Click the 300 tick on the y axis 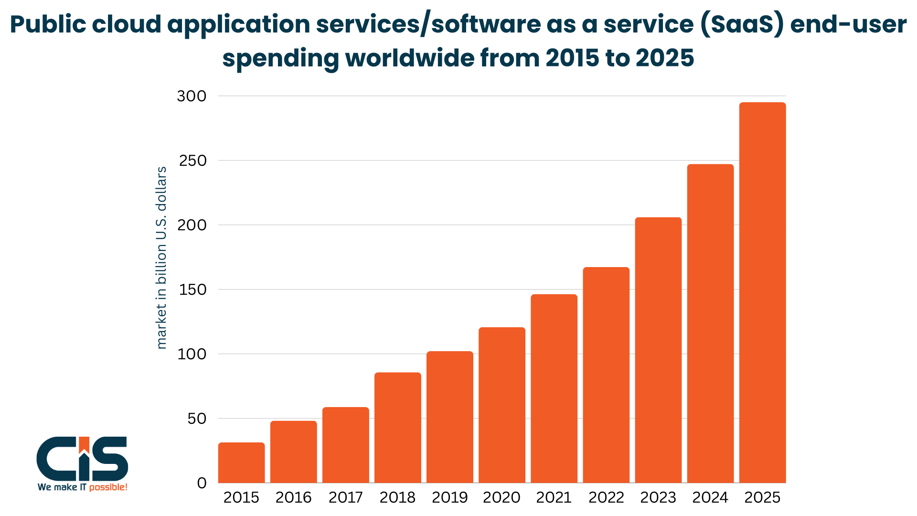tap(192, 96)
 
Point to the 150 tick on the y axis tap(192, 290)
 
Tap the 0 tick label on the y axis tap(202, 483)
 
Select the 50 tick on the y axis tap(197, 419)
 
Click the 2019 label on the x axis tap(449, 497)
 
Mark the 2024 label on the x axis tap(710, 497)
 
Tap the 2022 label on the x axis tap(606, 497)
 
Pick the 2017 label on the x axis tap(345, 497)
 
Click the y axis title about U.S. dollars tap(162, 258)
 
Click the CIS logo tap(82, 459)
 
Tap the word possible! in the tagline tap(108, 487)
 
